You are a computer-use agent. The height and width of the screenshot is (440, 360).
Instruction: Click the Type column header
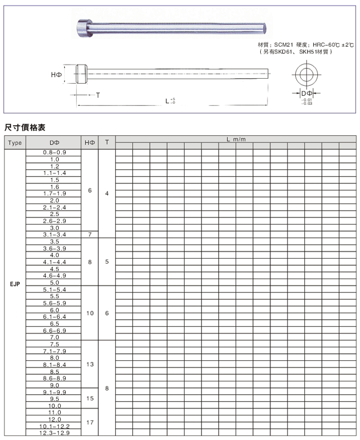pyautogui.click(x=15, y=142)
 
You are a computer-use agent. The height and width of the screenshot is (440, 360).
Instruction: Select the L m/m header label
pyautogui.click(x=236, y=140)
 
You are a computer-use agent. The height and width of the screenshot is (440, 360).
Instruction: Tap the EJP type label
pyautogui.click(x=15, y=283)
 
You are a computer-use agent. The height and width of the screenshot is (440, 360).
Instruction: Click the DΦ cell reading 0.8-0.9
pyautogui.click(x=55, y=153)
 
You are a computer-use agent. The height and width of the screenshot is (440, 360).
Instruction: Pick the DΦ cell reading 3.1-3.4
pyautogui.click(x=55, y=234)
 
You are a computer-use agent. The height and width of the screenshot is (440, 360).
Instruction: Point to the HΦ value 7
pyautogui.click(x=89, y=234)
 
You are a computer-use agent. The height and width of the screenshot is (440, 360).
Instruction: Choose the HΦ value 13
pyautogui.click(x=89, y=364)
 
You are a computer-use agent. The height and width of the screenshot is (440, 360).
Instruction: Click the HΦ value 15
pyautogui.click(x=89, y=398)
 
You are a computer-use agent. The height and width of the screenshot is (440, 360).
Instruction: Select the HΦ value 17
pyautogui.click(x=89, y=423)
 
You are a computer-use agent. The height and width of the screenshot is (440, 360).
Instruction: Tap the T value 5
pyautogui.click(x=106, y=262)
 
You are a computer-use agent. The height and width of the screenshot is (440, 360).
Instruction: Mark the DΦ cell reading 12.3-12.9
pyautogui.click(x=55, y=433)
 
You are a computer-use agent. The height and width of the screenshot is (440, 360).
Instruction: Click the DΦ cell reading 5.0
pyautogui.click(x=55, y=282)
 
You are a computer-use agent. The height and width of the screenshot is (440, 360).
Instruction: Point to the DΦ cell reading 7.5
pyautogui.click(x=55, y=344)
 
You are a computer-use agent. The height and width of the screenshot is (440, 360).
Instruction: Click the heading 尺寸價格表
pyautogui.click(x=24, y=126)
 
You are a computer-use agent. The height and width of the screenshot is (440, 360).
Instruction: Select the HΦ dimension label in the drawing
pyautogui.click(x=57, y=75)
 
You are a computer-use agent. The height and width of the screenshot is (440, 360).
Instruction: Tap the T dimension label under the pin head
pyautogui.click(x=97, y=96)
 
